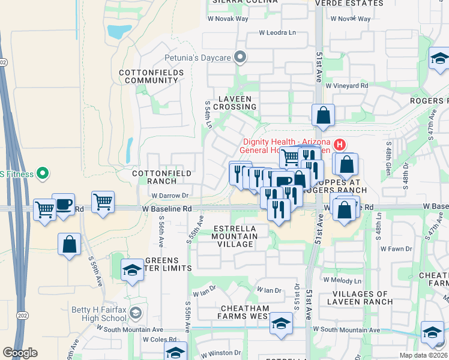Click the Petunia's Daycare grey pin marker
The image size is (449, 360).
click(x=241, y=58)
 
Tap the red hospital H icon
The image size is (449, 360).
click(x=340, y=144)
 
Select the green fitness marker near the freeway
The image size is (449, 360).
click(x=42, y=175)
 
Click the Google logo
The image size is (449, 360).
click(x=20, y=353)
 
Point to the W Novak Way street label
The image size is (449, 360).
click(x=228, y=19)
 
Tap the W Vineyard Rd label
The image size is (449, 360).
click(x=347, y=86)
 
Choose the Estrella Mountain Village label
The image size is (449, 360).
click(x=235, y=236)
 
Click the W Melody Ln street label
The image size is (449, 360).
click(x=342, y=280)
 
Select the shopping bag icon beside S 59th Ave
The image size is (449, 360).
click(x=70, y=244)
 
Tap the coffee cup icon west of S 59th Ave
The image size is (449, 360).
click(x=63, y=204)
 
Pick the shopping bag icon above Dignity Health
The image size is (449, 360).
click(x=323, y=115)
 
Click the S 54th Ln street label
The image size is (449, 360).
click(x=208, y=114)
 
